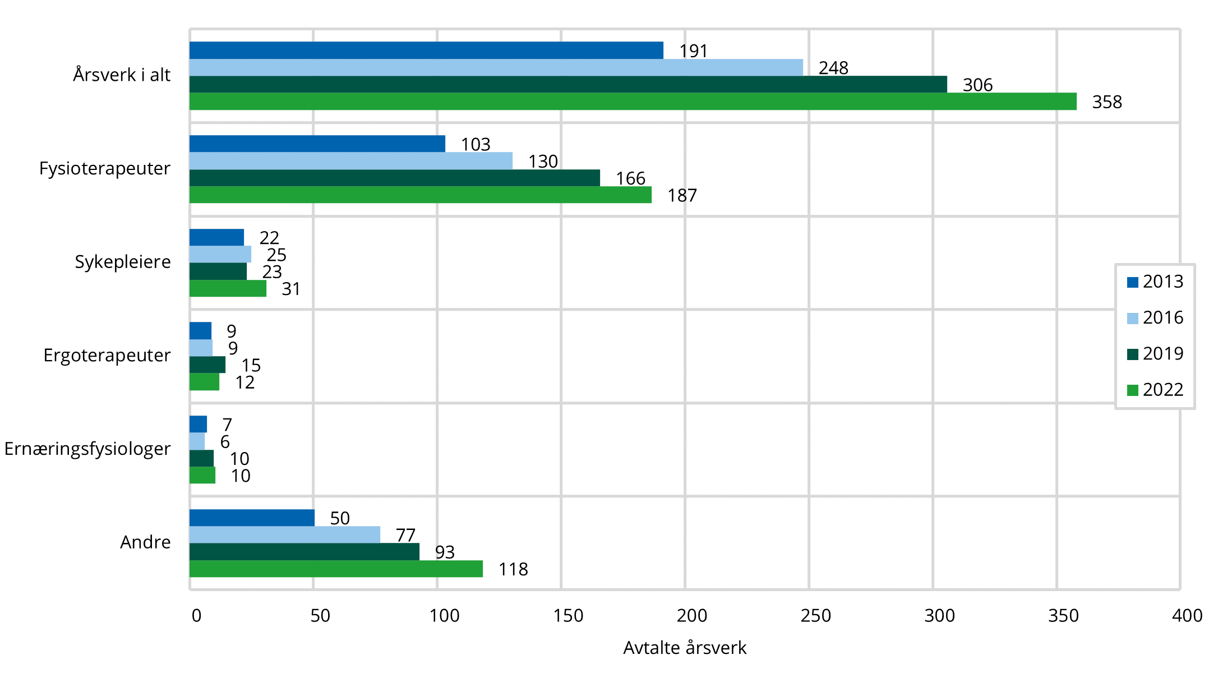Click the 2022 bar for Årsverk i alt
633,102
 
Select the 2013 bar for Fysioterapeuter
317,144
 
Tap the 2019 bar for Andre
304,552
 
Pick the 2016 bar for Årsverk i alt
496,67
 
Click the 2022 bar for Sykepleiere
228,288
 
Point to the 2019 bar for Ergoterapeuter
207,365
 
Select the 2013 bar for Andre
252,518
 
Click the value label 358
1107,102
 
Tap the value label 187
682,196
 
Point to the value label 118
513,569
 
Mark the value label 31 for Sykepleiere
291,289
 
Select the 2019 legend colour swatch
1133,354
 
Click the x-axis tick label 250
816,616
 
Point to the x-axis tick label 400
1187,616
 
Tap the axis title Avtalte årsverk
685,648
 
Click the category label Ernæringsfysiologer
87,449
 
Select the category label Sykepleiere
123,262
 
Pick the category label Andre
145,542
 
